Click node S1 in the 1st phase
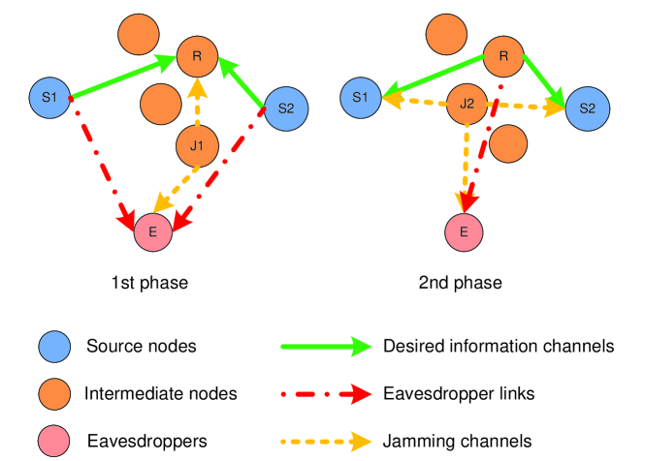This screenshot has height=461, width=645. [x=49, y=97]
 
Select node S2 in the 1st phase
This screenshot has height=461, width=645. [x=285, y=108]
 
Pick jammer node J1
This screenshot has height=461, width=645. [x=197, y=147]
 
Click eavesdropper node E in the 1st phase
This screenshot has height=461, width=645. [x=153, y=231]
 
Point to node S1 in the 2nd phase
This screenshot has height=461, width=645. [x=360, y=97]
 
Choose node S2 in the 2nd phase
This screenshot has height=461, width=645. [x=587, y=108]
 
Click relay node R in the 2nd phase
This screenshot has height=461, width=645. [x=503, y=56]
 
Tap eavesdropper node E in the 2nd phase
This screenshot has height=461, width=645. [x=464, y=231]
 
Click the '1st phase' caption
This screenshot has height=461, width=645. [x=149, y=283]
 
